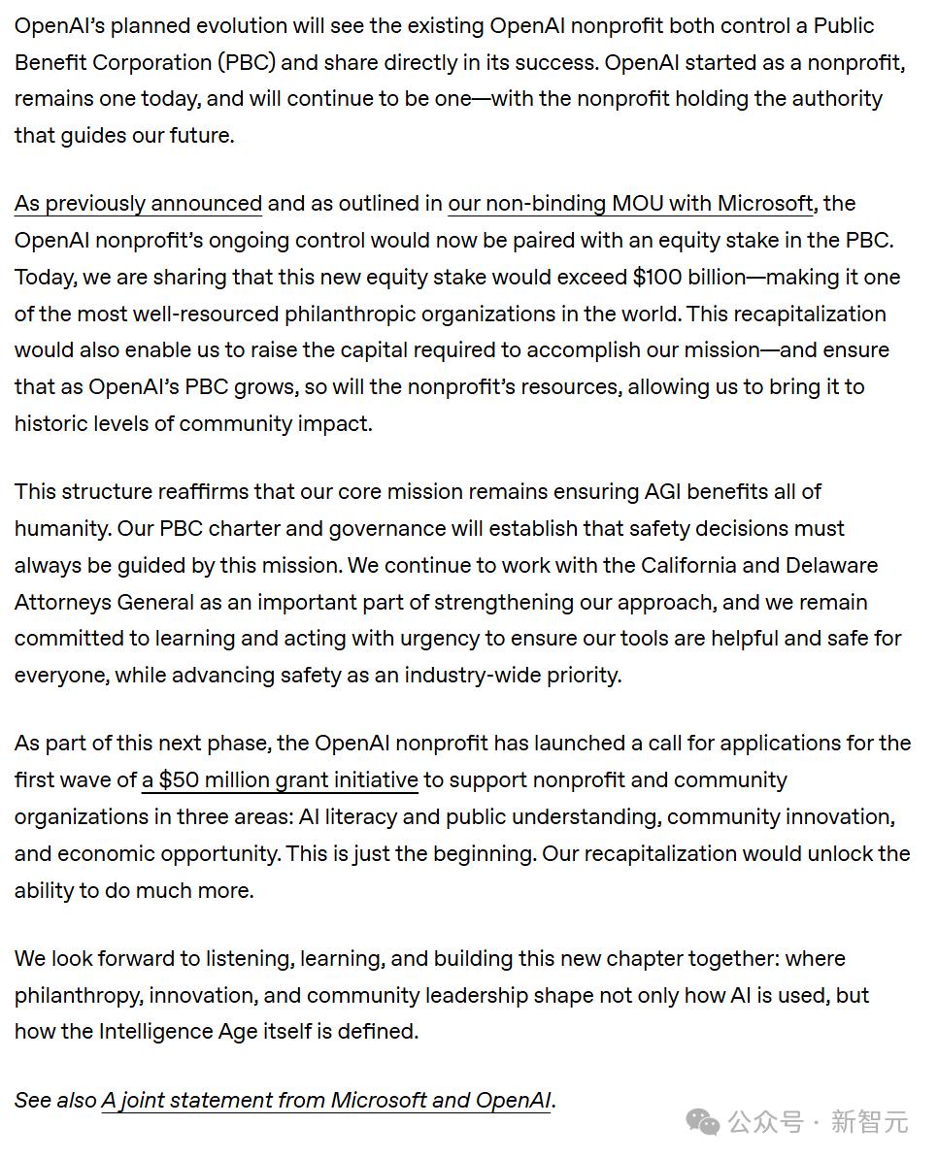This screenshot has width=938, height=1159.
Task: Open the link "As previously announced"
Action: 138,204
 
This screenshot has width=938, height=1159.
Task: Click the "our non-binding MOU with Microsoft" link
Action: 630,204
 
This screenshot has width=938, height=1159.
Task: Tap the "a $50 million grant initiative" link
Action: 280,780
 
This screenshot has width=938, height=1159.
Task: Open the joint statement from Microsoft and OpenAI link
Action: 327,1101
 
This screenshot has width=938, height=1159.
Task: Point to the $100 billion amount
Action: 688,278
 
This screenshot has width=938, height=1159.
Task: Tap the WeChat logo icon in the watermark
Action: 703,1123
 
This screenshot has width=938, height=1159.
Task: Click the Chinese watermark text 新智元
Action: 869,1123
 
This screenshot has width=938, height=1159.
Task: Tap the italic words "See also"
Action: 54,1101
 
